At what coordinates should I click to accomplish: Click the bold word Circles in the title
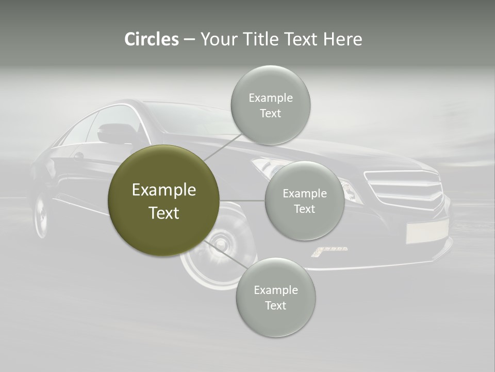point(151,39)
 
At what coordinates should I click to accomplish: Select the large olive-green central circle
point(163,200)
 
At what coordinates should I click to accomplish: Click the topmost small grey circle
point(270,105)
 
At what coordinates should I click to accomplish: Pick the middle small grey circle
point(304,201)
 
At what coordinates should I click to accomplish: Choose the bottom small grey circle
point(275,298)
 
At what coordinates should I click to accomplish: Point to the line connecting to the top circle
point(223,147)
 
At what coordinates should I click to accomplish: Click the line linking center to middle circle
point(242,200)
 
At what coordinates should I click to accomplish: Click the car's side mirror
point(114,133)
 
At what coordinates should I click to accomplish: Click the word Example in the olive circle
point(163,190)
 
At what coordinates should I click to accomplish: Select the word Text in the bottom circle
point(275,305)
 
